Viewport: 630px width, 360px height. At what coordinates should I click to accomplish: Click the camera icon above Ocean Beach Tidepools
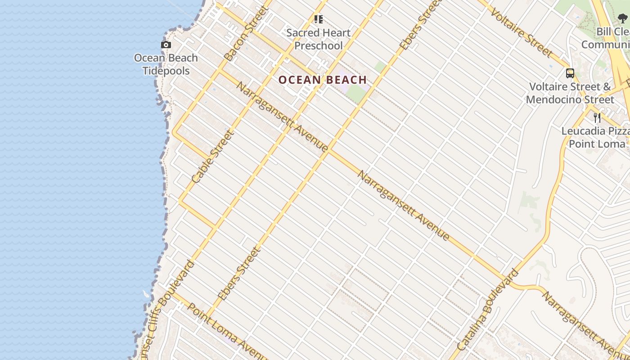(x=166, y=45)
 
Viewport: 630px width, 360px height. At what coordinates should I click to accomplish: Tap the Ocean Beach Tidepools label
(x=166, y=64)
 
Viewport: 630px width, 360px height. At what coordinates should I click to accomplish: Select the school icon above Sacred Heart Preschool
(x=319, y=19)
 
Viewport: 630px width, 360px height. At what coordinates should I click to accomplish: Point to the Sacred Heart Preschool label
(x=319, y=39)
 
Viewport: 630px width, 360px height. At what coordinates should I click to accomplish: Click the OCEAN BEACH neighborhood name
(x=323, y=80)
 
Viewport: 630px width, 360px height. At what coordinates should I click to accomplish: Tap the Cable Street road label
(x=213, y=156)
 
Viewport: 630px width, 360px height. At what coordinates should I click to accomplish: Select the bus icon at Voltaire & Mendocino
(x=570, y=73)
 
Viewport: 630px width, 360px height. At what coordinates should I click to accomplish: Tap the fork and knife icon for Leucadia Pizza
(x=597, y=118)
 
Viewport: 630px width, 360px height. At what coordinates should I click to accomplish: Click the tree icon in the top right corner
(x=622, y=18)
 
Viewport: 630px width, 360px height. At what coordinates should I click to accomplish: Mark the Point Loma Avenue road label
(x=222, y=331)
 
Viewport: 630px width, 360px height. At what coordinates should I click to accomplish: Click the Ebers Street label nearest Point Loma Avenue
(x=239, y=274)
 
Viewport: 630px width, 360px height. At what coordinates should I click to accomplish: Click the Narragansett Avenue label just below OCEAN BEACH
(x=282, y=117)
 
